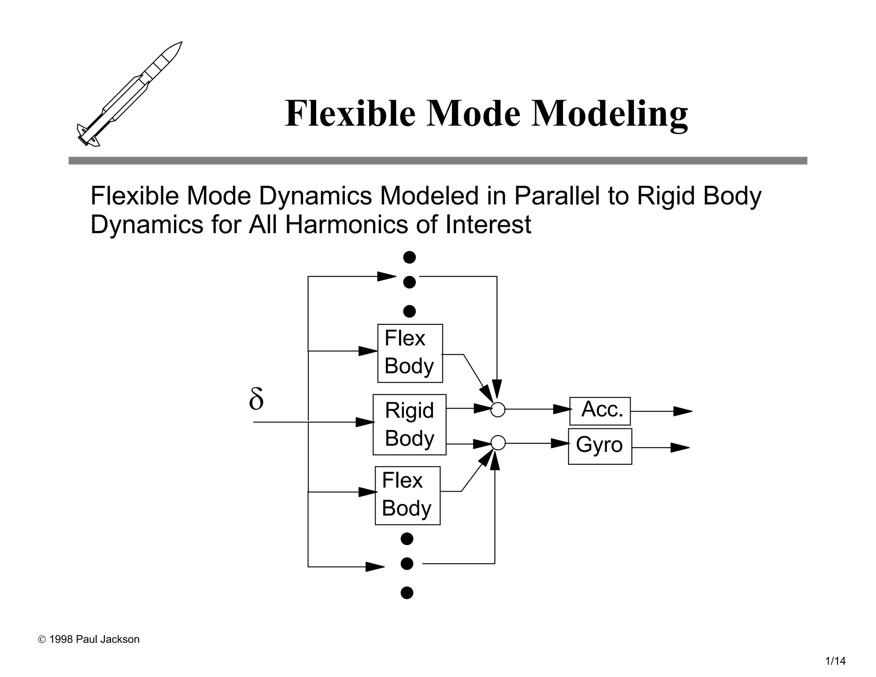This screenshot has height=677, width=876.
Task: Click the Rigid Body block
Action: click(409, 424)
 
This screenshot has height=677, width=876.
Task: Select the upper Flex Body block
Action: click(410, 353)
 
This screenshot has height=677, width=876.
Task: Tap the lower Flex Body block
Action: click(407, 495)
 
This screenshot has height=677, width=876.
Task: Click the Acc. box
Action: click(600, 410)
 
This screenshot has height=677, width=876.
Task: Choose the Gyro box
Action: click(600, 445)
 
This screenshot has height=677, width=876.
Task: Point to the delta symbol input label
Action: click(256, 399)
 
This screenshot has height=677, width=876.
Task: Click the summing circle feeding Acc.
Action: click(498, 410)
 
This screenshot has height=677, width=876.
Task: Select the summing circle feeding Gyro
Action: click(498, 443)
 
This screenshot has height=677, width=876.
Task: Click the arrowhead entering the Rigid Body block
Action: click(365, 422)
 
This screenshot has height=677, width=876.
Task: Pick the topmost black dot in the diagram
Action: click(409, 257)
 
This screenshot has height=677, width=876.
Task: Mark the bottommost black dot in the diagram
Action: click(407, 593)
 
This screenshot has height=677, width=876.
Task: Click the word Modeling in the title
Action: click(609, 113)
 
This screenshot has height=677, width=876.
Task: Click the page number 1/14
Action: click(835, 661)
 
